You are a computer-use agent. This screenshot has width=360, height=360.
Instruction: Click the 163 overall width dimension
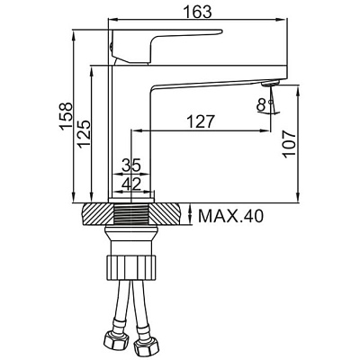[197, 12]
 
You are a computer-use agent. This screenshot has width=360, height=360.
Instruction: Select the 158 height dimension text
[66, 116]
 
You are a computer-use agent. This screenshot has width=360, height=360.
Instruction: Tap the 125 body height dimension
[84, 133]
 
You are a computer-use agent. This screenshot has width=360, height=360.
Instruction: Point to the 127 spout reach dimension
[201, 122]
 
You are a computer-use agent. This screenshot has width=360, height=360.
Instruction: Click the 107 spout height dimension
[290, 144]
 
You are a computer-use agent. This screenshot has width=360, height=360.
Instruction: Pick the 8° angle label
[262, 105]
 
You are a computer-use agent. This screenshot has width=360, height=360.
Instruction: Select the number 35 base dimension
[131, 166]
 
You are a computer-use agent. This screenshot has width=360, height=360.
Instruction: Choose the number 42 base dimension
[131, 184]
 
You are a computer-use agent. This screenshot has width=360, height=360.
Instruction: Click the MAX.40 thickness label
[230, 216]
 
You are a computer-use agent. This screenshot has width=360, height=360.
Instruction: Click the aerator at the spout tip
[271, 84]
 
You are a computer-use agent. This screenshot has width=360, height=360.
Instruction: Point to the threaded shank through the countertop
[132, 214]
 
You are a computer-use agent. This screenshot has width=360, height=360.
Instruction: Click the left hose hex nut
[117, 340]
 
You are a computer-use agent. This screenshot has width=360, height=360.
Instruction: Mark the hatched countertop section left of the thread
[98, 214]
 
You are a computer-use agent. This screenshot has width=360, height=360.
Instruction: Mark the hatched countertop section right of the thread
[166, 214]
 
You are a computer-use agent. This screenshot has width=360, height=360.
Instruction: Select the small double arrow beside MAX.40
[190, 214]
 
